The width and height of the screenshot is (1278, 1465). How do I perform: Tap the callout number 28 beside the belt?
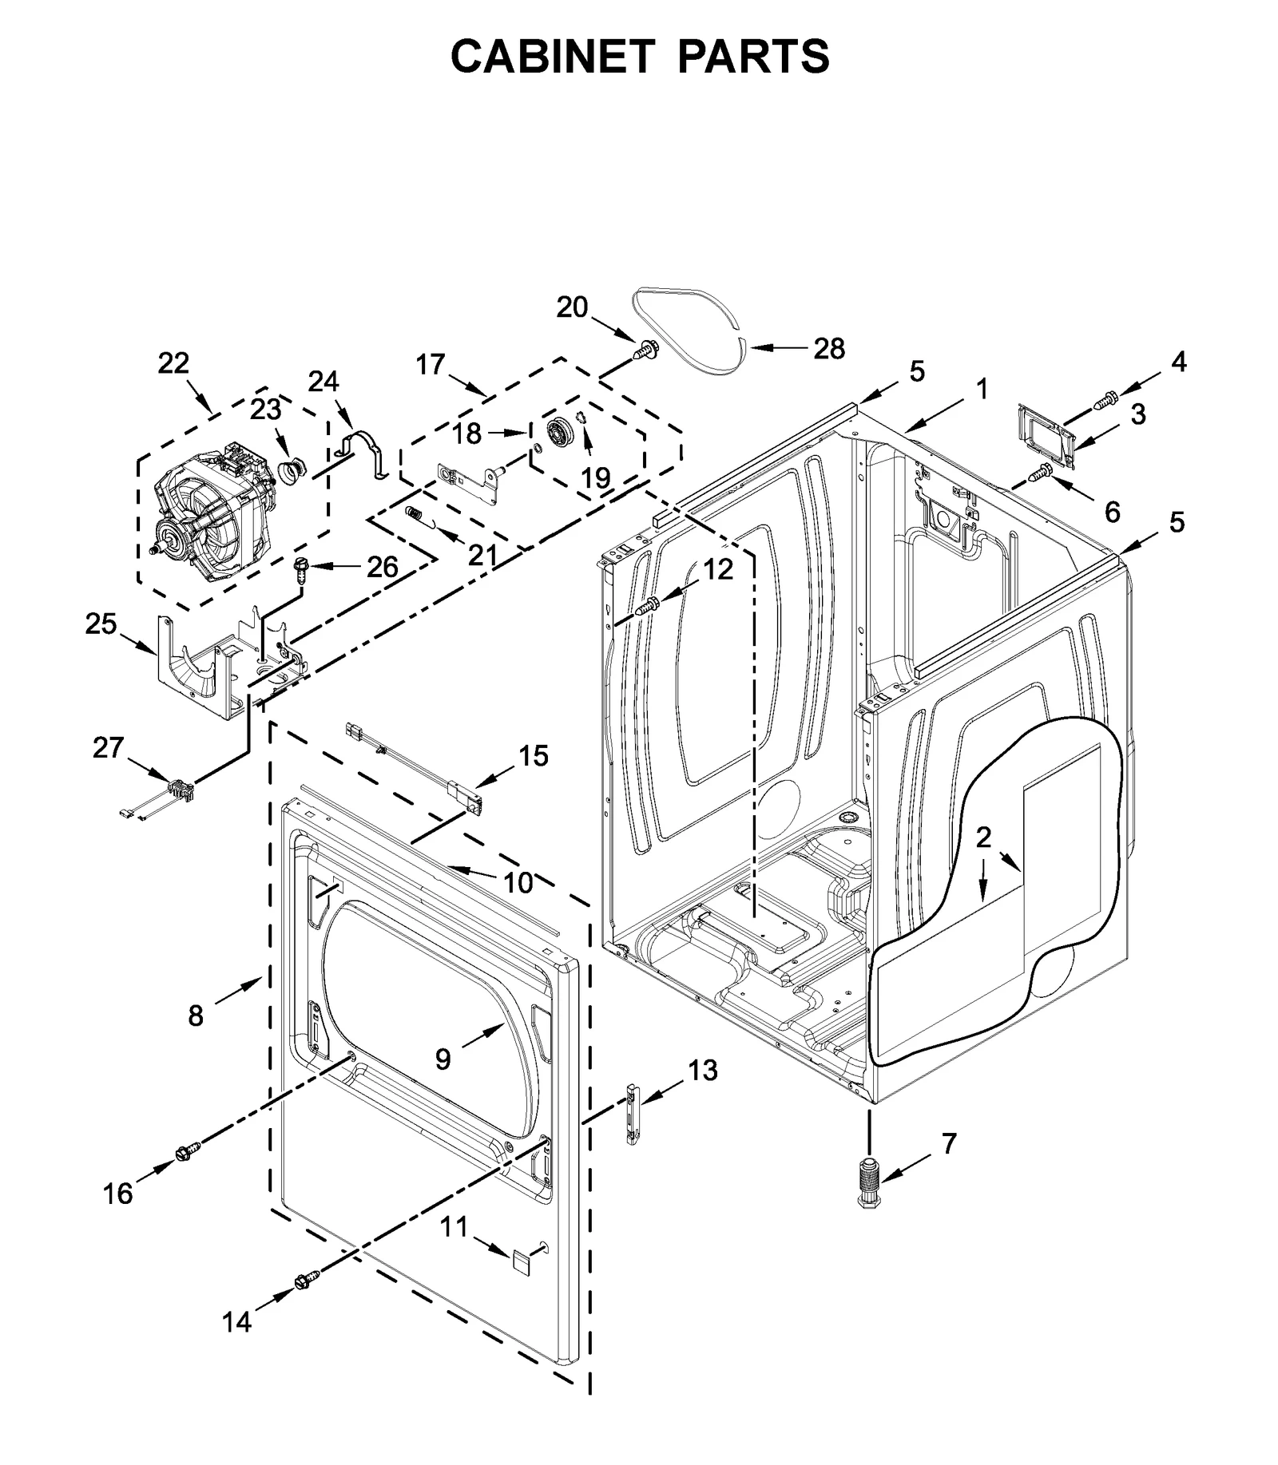[828, 348]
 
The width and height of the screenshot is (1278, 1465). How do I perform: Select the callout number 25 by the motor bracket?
[101, 624]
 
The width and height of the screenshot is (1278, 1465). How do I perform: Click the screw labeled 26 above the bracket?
[301, 568]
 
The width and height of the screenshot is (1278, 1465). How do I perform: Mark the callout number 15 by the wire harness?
[534, 755]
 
